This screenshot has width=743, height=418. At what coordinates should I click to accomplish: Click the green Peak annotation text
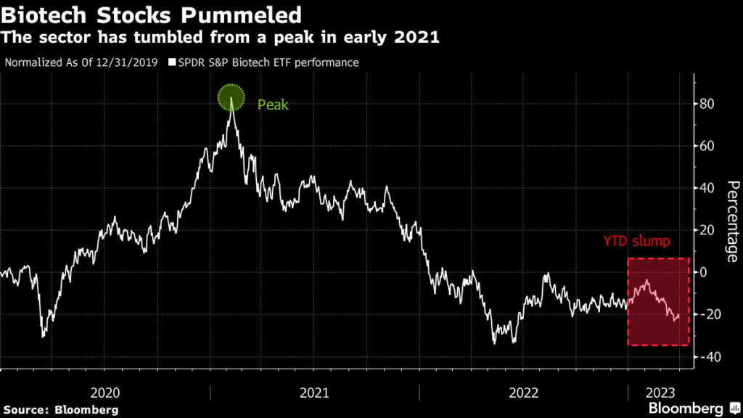coord(273,105)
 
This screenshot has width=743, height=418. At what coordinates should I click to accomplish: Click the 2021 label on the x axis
coord(314,393)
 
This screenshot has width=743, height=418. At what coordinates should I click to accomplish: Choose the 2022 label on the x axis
coord(524,393)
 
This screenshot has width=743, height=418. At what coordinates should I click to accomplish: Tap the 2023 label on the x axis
coord(660,393)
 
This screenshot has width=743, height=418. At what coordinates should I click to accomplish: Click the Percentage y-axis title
coord(732,221)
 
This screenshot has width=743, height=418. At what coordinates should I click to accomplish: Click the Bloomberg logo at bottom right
coord(686,408)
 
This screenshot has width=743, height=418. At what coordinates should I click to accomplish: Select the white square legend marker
coord(172,62)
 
